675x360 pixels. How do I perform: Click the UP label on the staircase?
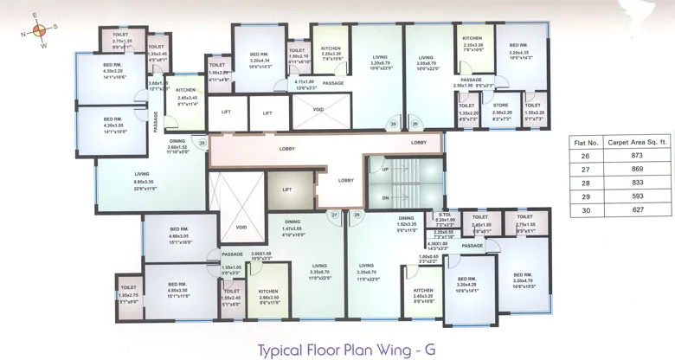click(x=385, y=170)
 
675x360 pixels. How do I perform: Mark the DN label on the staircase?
click(x=385, y=197)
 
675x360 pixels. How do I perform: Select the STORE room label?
click(x=501, y=105)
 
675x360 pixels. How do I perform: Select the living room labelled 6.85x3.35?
click(x=142, y=177)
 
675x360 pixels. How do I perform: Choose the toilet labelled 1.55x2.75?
click(x=128, y=291)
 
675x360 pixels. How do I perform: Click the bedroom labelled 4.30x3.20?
click(x=112, y=68)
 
